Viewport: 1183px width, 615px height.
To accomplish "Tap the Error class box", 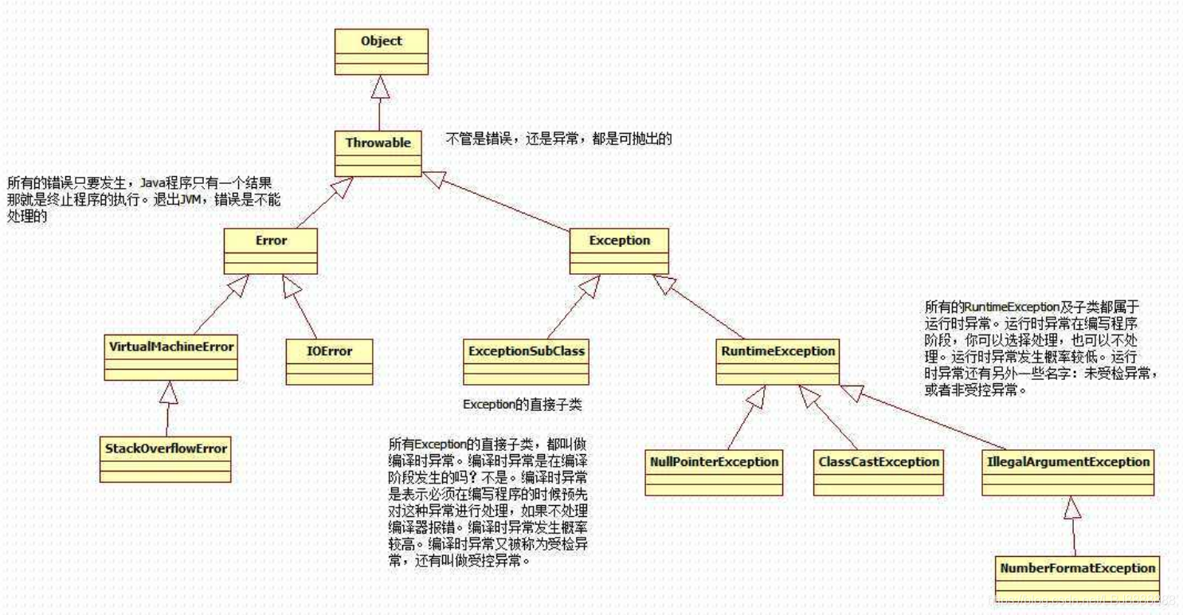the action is [271, 251].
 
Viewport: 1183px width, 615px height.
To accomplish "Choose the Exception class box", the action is [620, 251].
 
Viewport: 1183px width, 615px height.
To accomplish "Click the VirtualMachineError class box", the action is [170, 358].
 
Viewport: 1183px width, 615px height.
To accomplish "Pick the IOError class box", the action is [330, 362].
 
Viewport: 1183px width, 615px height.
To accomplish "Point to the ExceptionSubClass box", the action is [526, 362].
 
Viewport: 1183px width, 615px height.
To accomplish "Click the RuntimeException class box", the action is [778, 362].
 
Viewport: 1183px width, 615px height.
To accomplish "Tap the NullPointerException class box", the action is [714, 472].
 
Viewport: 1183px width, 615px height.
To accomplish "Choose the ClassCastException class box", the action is [878, 472].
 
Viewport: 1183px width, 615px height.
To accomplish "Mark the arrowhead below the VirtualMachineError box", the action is [167, 392].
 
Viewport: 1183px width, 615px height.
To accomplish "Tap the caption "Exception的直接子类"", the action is [522, 404].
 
